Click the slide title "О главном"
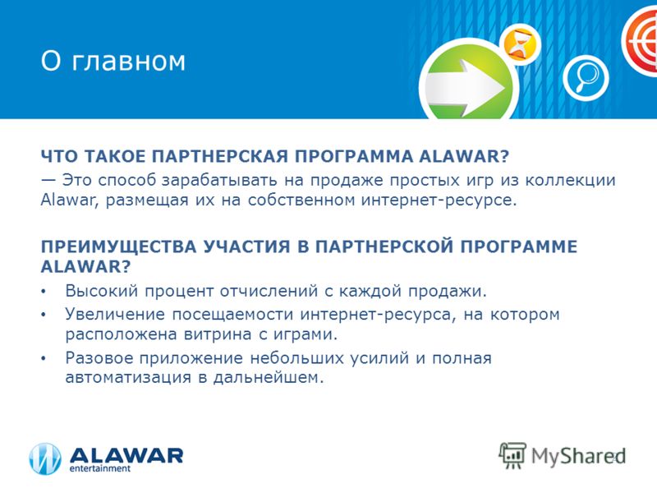113,61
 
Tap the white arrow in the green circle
465,88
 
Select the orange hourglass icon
520,44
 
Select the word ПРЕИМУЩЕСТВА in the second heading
118,246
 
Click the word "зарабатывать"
219,180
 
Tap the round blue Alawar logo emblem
45,459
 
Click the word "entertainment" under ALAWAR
99,468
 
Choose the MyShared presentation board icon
512,455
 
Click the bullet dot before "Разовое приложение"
44,358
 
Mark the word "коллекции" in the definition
570,180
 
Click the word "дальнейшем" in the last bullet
269,378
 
